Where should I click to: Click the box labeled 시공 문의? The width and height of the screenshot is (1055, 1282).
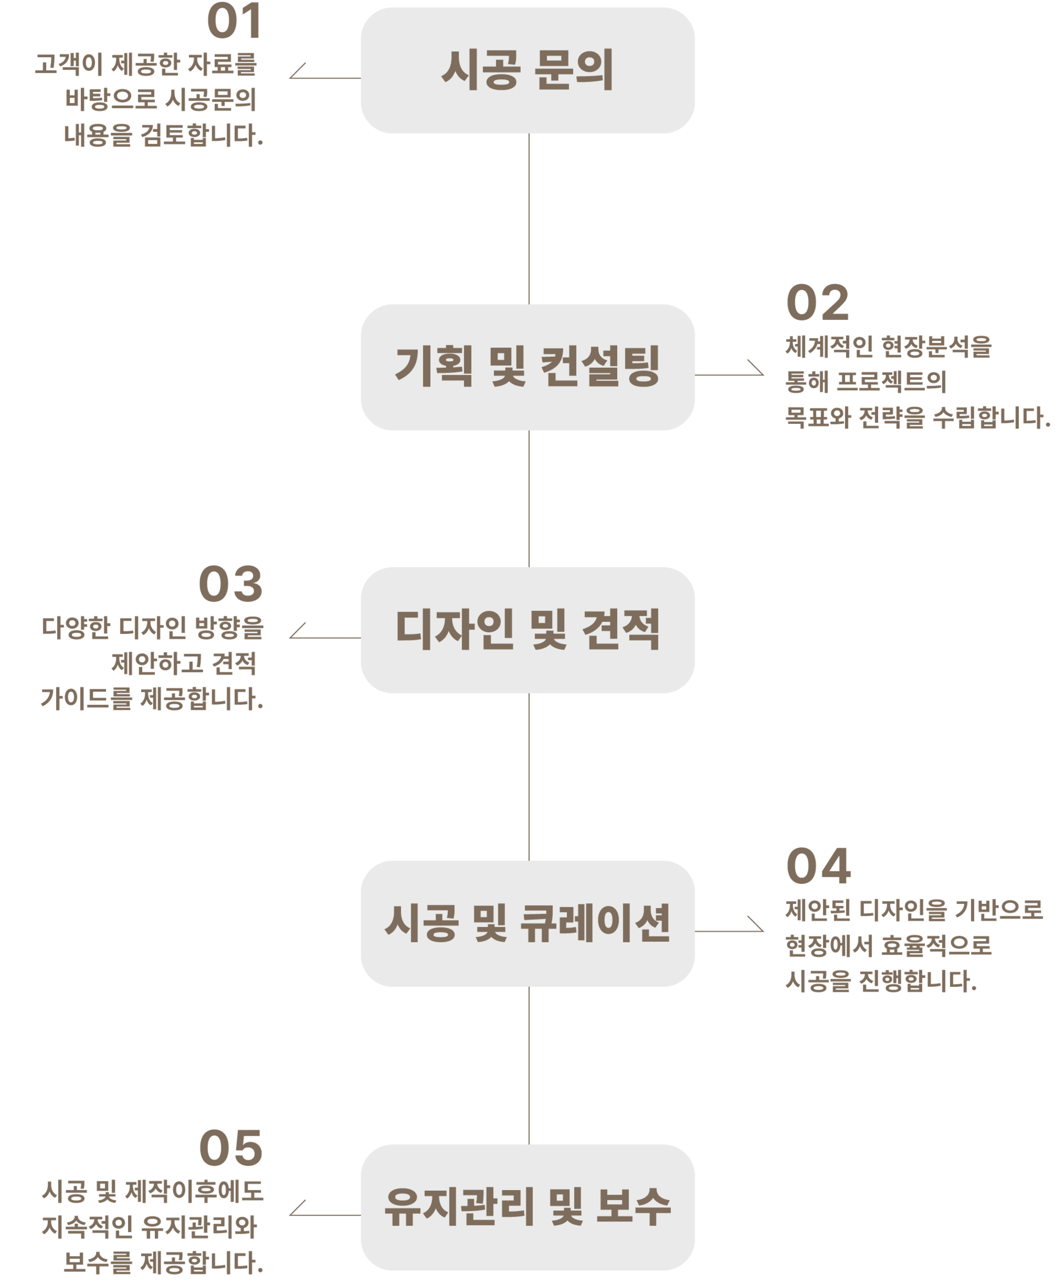(x=527, y=70)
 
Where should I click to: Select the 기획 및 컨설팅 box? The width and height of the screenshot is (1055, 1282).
(x=527, y=367)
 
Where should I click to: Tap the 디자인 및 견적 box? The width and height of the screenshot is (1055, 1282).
(x=527, y=630)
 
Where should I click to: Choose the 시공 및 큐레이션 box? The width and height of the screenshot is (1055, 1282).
(x=527, y=924)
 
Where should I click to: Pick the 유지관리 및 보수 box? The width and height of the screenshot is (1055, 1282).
(x=527, y=1207)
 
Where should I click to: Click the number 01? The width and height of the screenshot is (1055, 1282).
(x=235, y=23)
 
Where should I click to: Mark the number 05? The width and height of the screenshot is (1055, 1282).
(x=231, y=1147)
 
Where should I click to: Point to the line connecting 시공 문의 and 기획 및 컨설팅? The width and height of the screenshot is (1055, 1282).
(x=529, y=219)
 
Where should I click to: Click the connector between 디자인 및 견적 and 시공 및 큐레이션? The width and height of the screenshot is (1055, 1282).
(x=529, y=777)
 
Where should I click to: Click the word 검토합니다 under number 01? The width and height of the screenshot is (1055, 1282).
(x=201, y=136)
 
